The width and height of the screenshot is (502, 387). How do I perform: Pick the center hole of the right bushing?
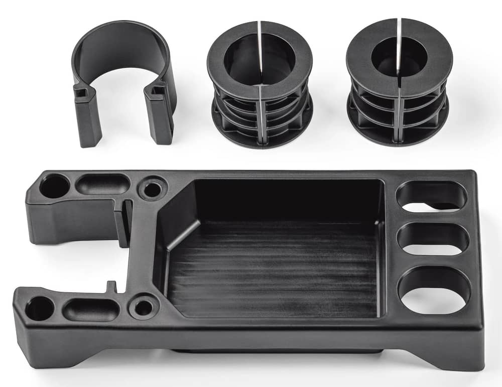tap(399, 56)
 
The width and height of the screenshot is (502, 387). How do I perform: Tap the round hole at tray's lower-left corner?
tap(40, 308)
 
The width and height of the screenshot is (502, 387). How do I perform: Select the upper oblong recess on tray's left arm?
tap(102, 184)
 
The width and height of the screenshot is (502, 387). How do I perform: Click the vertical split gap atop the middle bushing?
tap(259, 32)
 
